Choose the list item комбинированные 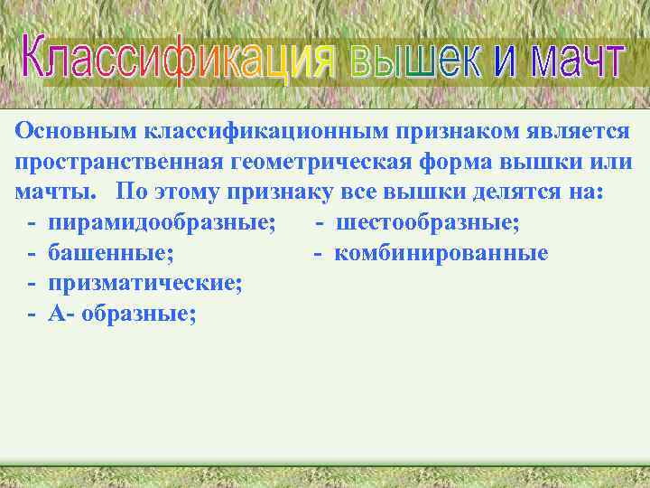(441, 254)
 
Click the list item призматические (145, 284)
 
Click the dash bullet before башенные (32, 254)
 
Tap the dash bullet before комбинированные (319, 254)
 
